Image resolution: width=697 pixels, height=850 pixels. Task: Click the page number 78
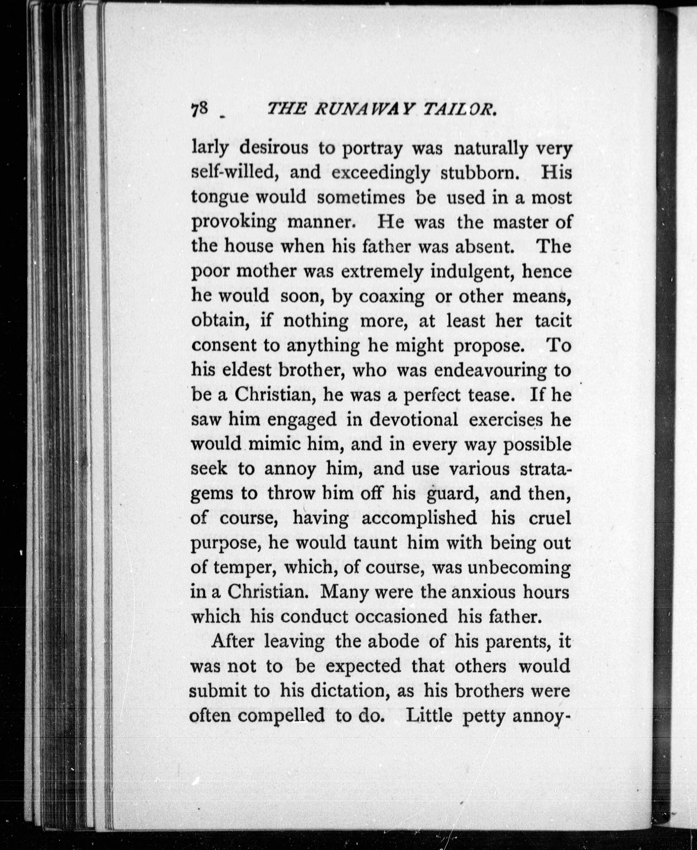(x=199, y=109)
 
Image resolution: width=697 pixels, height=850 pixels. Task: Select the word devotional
(x=413, y=420)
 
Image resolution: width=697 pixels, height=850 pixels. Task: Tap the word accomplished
(x=419, y=519)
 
